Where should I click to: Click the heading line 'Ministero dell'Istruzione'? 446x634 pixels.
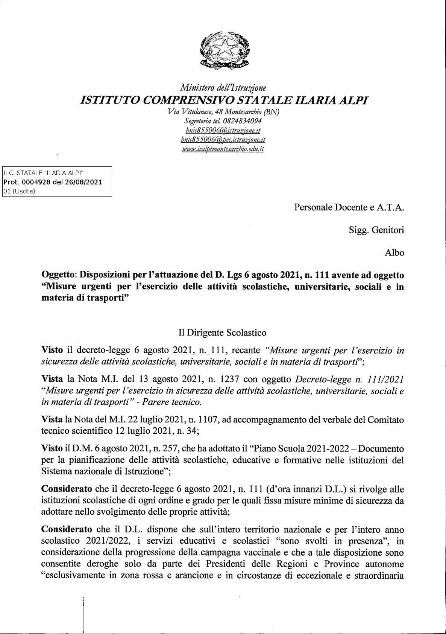click(223, 88)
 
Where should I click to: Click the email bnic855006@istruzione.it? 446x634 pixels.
click(223, 130)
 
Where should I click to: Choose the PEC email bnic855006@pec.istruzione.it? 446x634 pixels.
click(223, 140)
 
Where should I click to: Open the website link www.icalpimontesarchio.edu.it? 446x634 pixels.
click(223, 149)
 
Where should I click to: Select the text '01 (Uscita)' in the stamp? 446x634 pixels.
click(19, 191)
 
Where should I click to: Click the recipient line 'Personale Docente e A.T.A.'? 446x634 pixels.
click(349, 207)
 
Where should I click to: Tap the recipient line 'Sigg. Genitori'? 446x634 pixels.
click(376, 230)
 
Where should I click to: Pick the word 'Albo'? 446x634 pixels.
click(394, 252)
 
